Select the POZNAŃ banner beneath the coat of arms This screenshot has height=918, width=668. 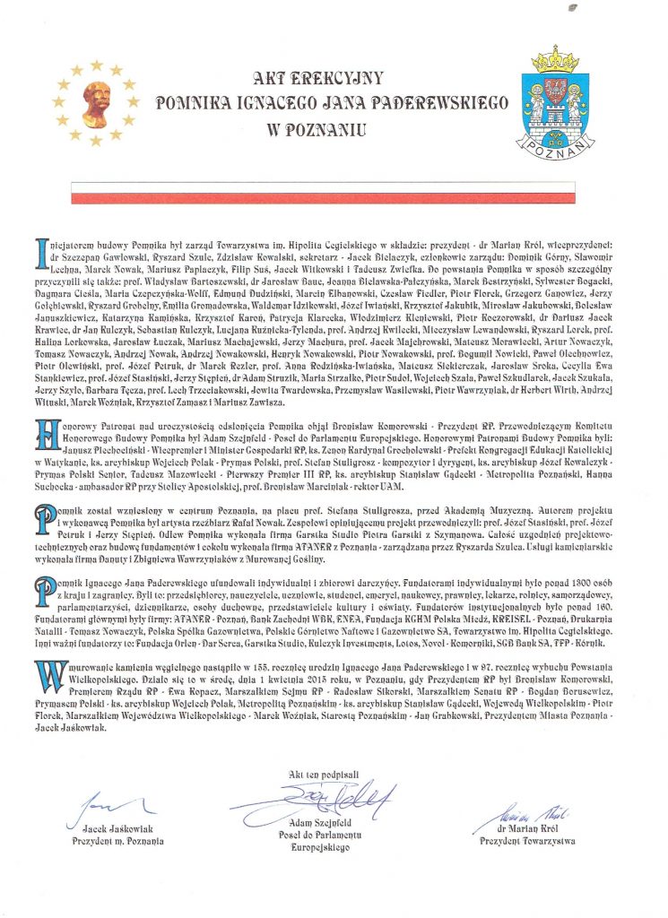[x=555, y=143]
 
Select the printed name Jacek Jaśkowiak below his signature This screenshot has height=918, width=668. [x=117, y=829]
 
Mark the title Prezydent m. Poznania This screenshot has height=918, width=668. [x=117, y=842]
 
